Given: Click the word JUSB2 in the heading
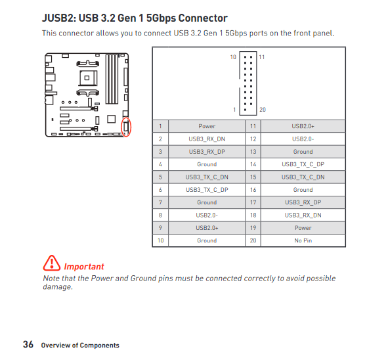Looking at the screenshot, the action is [58, 18].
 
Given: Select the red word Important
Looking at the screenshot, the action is [84, 267].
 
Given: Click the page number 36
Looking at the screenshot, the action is [28, 344].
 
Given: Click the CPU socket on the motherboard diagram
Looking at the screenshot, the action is [88, 78].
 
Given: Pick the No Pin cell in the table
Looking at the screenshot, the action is [303, 240].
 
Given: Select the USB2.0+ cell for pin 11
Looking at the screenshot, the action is [303, 126].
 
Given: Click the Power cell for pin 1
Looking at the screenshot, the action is [207, 126].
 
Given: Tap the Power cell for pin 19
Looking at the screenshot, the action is [303, 228].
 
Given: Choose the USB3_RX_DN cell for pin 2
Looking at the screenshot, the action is [207, 139].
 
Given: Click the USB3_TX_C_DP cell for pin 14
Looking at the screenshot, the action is [303, 164].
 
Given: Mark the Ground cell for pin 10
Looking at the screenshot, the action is [207, 240].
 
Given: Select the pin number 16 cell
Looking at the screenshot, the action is [253, 190].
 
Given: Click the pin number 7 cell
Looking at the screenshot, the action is [160, 202].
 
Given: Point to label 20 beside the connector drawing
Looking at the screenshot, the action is [263, 110].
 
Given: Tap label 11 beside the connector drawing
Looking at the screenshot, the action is [262, 57].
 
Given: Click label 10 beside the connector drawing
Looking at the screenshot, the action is [233, 57].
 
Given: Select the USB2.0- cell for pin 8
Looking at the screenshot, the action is [207, 215].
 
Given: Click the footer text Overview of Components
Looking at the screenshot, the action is [80, 346].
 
